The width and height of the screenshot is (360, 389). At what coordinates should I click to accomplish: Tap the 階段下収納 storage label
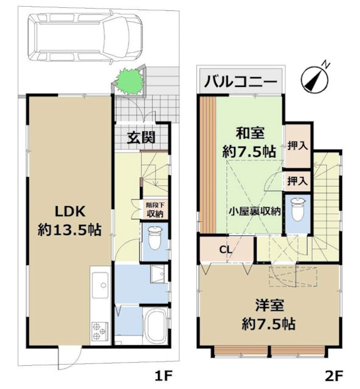(154, 210)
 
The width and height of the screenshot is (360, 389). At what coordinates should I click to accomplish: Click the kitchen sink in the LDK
(100, 282)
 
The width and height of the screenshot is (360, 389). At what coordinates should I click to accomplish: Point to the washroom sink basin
(160, 275)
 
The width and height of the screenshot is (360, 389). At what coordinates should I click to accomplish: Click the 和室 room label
(249, 133)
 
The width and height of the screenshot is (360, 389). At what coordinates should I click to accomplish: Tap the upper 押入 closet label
(297, 145)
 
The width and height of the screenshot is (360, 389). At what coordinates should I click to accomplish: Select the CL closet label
(225, 249)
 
